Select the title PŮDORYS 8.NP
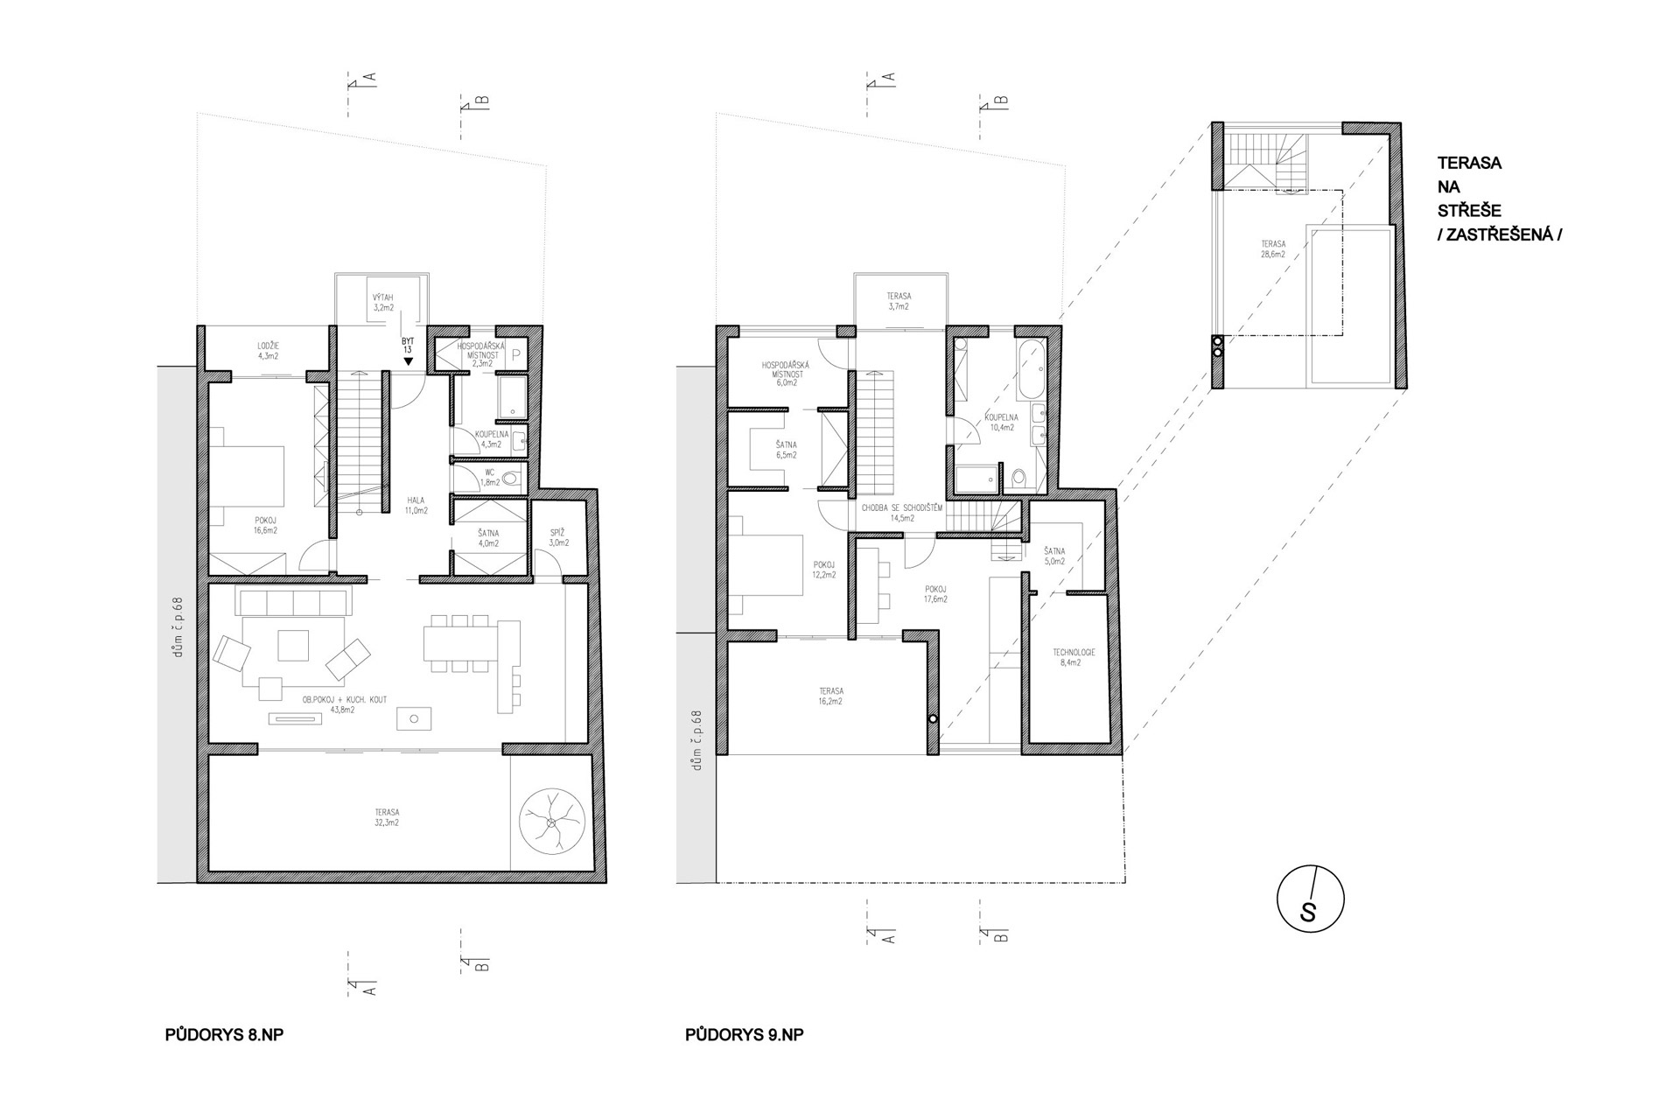point(224,1035)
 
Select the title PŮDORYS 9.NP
point(744,1035)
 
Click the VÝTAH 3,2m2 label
point(384,303)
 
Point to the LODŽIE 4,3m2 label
point(268,351)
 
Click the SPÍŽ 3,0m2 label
point(559,537)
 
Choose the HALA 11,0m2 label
point(416,505)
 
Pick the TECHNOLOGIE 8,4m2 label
point(1073,657)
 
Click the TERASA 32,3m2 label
point(385,817)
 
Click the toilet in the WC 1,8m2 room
point(511,478)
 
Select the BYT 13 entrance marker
point(408,347)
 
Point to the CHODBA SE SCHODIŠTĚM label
point(901,507)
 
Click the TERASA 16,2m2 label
point(830,696)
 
